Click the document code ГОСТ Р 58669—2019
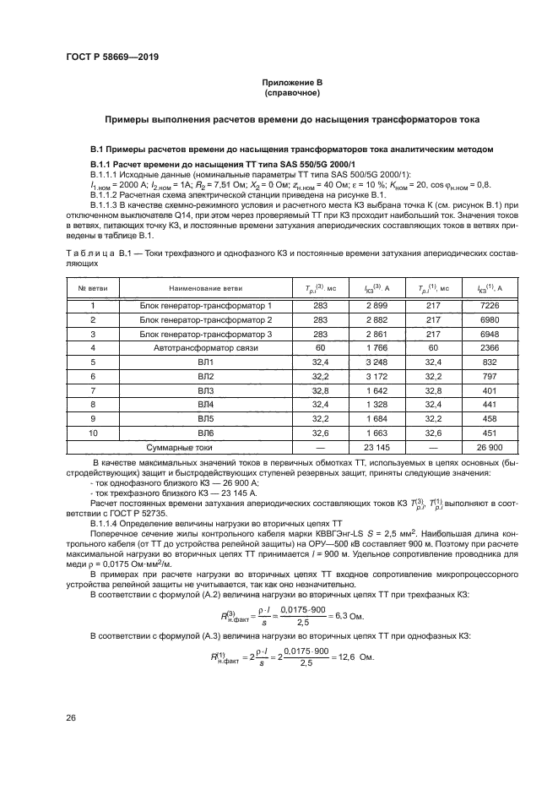click(x=111, y=57)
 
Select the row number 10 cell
click(x=93, y=433)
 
